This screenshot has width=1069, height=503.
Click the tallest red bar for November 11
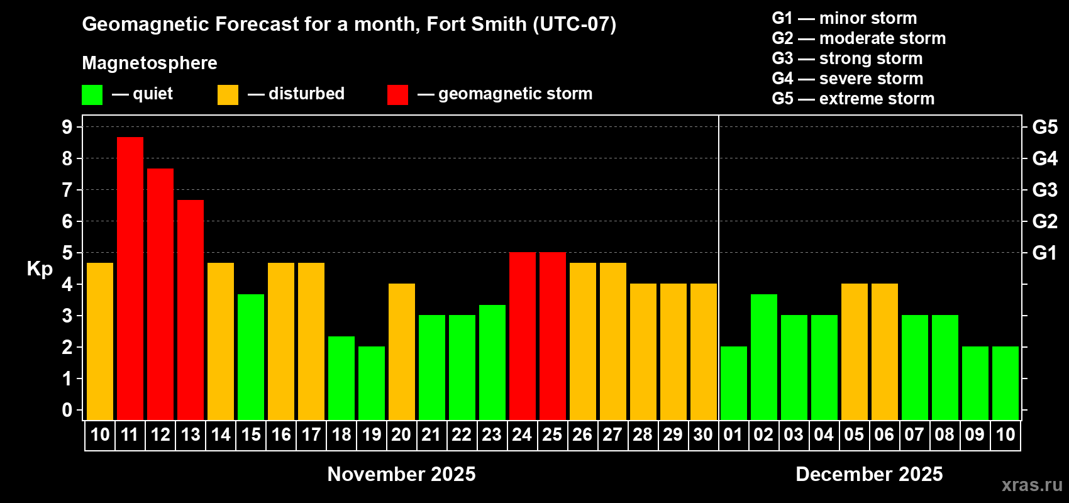pyautogui.click(x=130, y=278)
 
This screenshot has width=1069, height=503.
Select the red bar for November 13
pyautogui.click(x=191, y=309)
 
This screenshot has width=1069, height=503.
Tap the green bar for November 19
pyautogui.click(x=372, y=383)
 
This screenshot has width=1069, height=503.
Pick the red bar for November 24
pyautogui.click(x=523, y=336)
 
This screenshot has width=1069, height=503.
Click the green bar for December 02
pyautogui.click(x=764, y=357)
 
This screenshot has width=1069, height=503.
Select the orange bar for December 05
pyautogui.click(x=855, y=351)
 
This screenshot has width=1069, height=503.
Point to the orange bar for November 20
pyautogui.click(x=402, y=351)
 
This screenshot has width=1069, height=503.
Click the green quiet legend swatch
pyautogui.click(x=92, y=95)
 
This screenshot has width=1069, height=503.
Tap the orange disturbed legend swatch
pyautogui.click(x=228, y=95)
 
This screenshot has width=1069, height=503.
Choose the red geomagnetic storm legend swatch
pyautogui.click(x=397, y=95)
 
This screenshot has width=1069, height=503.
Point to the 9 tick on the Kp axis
pyautogui.click(x=67, y=127)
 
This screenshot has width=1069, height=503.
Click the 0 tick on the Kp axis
pyautogui.click(x=67, y=411)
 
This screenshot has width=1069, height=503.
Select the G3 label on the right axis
pyautogui.click(x=1044, y=190)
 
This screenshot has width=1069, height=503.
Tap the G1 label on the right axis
pyautogui.click(x=1044, y=253)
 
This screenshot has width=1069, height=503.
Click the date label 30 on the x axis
pyautogui.click(x=703, y=434)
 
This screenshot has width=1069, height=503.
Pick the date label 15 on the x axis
pyautogui.click(x=251, y=434)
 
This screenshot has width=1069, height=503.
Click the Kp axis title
pyautogui.click(x=40, y=269)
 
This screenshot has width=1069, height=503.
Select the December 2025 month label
pyautogui.click(x=869, y=474)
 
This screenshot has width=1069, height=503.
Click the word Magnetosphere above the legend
pyautogui.click(x=150, y=63)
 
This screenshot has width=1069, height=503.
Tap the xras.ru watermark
pyautogui.click(x=1032, y=485)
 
